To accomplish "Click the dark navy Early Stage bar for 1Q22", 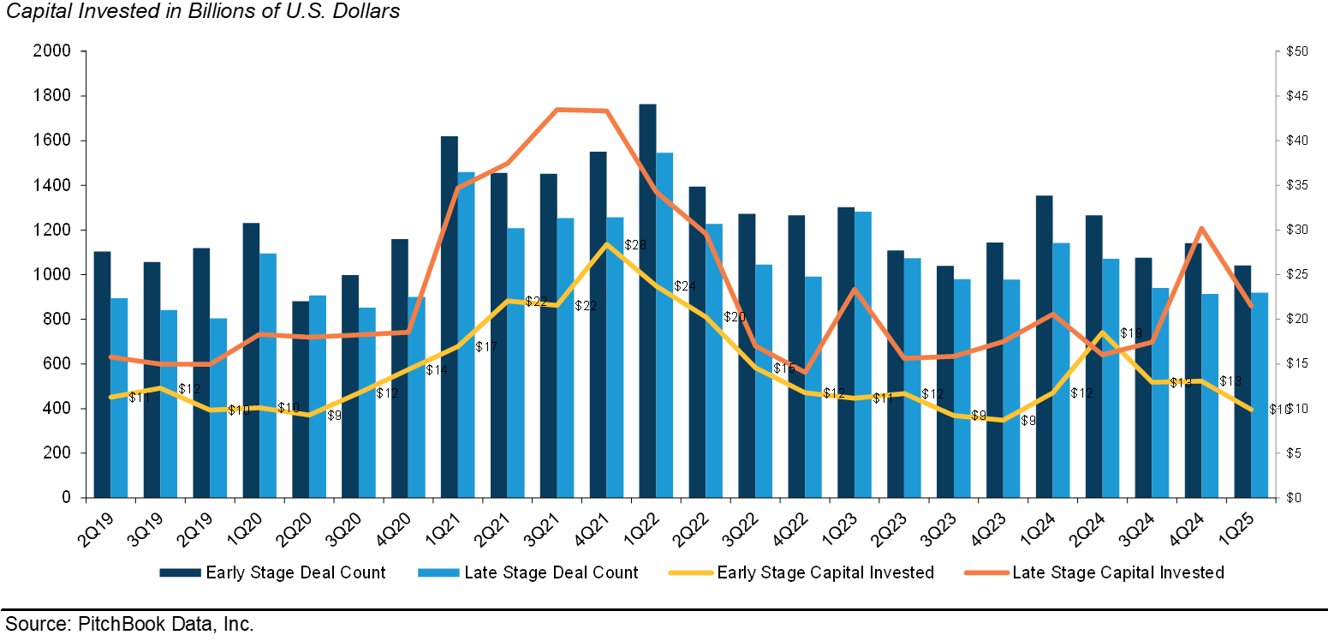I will point(647,300).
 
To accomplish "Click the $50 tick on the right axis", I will point(1296,51).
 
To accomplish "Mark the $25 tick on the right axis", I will point(1296,274).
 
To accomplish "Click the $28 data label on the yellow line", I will point(634,245).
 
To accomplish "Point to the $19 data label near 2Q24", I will point(1131,332).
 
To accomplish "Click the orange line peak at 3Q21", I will point(557,110).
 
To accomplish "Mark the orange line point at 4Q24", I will point(1201,228).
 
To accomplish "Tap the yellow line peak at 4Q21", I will point(606,244).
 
